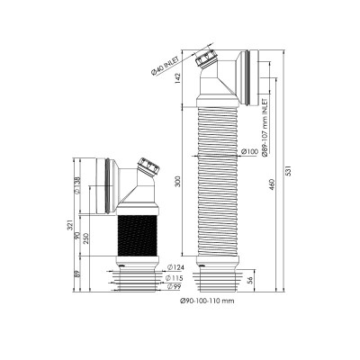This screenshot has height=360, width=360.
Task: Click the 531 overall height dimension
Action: [289, 170]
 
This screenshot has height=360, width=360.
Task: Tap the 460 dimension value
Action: [273, 185]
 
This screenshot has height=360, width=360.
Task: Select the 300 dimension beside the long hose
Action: [177, 181]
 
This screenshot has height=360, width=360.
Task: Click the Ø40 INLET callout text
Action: [165, 67]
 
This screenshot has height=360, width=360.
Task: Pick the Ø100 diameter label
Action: [249, 152]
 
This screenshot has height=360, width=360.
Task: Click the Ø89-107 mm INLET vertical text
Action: [265, 127]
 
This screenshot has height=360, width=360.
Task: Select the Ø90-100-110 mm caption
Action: [207, 301]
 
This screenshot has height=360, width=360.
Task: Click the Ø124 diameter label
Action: [175, 267]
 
